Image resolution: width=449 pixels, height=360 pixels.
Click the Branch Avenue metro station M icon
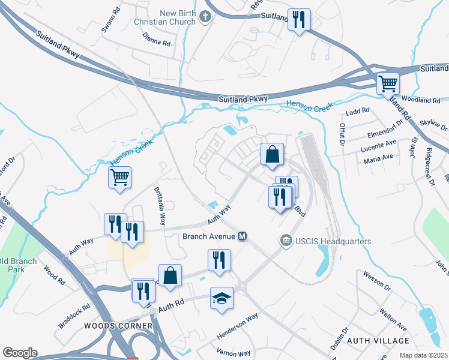tap(243, 236)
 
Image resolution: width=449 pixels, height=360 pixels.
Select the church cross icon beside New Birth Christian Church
tap(205, 16)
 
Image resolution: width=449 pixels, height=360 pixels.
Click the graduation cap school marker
tap(221, 298)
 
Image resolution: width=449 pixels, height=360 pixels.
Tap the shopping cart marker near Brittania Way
tap(120, 177)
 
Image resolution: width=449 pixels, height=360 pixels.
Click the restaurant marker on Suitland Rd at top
tap(299, 19)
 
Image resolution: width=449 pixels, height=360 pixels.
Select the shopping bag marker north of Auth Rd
tap(170, 275)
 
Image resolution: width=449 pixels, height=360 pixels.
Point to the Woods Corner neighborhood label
tap(118, 326)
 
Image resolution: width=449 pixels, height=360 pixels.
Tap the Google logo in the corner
tap(20, 353)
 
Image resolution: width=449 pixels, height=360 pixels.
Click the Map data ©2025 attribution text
tap(422, 356)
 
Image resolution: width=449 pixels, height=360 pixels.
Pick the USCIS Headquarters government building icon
tap(286, 241)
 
